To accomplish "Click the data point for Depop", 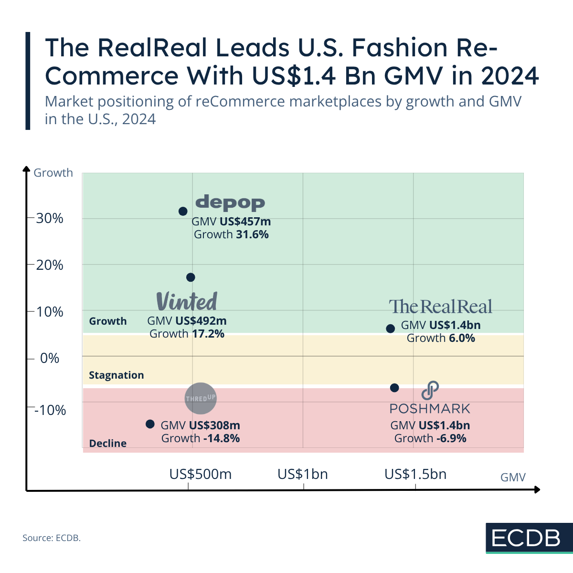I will [183, 211].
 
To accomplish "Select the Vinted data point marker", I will [191, 277].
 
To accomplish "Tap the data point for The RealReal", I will [390, 329].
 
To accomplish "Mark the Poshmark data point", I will [394, 388].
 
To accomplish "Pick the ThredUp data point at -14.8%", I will [150, 424].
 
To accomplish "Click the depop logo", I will [230, 202].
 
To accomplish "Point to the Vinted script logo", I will [187, 301].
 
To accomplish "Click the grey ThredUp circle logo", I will [201, 398].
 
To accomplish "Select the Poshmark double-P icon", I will [430, 391].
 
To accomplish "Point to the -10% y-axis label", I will [50, 410].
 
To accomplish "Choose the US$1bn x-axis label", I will [303, 474].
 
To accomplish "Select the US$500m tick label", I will [201, 474].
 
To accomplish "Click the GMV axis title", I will [513, 477].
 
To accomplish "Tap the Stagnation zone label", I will [116, 375].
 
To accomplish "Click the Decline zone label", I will [108, 443].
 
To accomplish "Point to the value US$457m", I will [245, 222].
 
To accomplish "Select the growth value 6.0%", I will [462, 338].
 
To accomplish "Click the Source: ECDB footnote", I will [52, 538].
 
